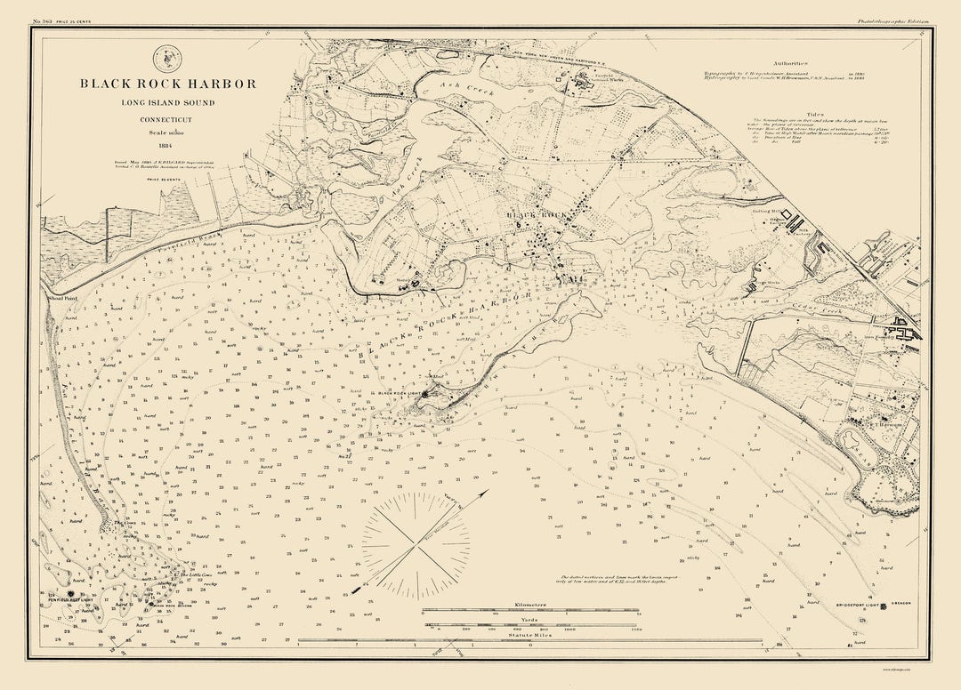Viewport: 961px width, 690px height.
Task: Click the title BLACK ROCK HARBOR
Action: pyautogui.click(x=168, y=84)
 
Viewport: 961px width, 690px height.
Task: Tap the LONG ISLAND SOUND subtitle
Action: pyautogui.click(x=168, y=102)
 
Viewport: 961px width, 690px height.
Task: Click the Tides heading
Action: pyautogui.click(x=790, y=112)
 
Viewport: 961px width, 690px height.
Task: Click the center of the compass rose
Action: pyautogui.click(x=416, y=544)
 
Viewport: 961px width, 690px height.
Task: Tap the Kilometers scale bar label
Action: pyautogui.click(x=529, y=605)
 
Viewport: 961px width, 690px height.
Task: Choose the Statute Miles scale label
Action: pyautogui.click(x=529, y=634)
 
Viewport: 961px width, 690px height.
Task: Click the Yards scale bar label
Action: pyautogui.click(x=529, y=619)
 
